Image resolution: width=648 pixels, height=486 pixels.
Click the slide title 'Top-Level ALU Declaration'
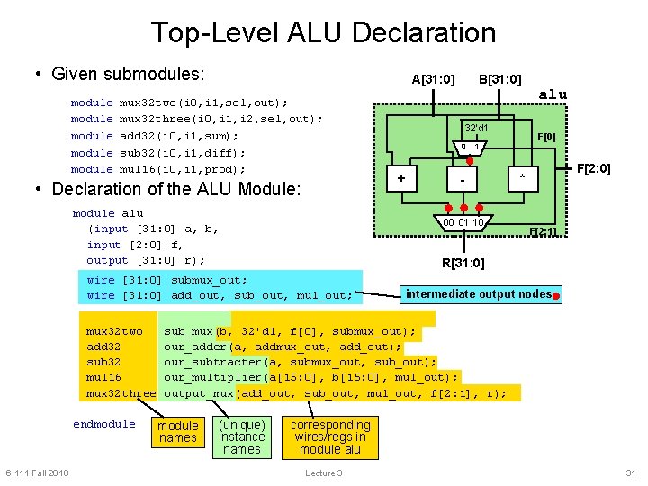click(x=323, y=32)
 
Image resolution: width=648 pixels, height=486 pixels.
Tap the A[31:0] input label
click(x=433, y=79)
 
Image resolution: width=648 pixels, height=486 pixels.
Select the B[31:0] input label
click(x=499, y=79)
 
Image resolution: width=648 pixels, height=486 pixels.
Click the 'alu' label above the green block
click(x=552, y=94)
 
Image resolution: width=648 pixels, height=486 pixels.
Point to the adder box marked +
click(x=401, y=178)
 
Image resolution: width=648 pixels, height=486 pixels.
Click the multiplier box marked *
click(x=522, y=179)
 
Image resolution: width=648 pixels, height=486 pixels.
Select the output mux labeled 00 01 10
click(x=463, y=223)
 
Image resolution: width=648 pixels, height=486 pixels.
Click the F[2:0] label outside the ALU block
click(x=593, y=168)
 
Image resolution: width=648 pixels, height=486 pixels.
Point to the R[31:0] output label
click(x=463, y=263)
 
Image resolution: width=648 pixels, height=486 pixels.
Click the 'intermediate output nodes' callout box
click(x=479, y=293)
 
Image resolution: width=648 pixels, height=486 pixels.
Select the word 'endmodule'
click(x=104, y=424)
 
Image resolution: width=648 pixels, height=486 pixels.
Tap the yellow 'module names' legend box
click(x=177, y=431)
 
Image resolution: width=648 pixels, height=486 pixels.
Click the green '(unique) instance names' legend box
click(x=242, y=436)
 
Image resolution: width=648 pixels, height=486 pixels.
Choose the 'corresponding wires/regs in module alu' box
click(x=330, y=436)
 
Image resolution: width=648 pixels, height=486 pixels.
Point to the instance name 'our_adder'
click(x=196, y=346)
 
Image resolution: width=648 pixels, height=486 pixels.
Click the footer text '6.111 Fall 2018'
click(x=37, y=473)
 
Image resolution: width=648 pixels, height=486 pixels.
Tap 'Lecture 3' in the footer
click(x=323, y=473)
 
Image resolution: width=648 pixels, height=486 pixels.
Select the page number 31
click(x=630, y=473)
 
